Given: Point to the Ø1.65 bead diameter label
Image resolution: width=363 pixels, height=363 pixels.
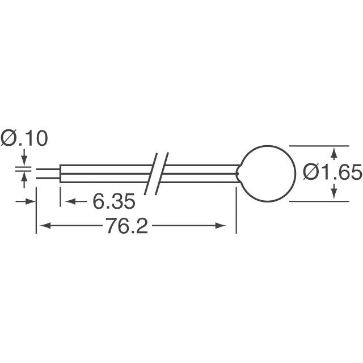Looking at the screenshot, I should pyautogui.click(x=332, y=172).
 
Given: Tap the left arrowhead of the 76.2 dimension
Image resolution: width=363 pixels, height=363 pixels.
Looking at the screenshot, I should pyautogui.click(x=42, y=226).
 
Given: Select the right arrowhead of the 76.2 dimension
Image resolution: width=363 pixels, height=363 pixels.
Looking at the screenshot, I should pyautogui.click(x=230, y=226).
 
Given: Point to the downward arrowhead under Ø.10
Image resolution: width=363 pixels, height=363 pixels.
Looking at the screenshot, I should pyautogui.click(x=24, y=161).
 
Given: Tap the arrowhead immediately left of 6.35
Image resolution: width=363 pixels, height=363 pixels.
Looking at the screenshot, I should pyautogui.click(x=66, y=201).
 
